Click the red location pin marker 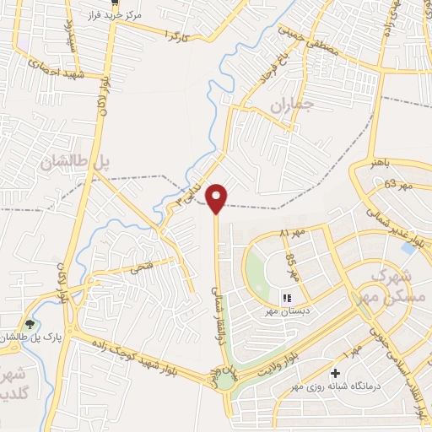coord(218,197)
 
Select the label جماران coord(291,105)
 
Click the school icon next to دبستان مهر coord(286,297)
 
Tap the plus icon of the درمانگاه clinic coord(336,372)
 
